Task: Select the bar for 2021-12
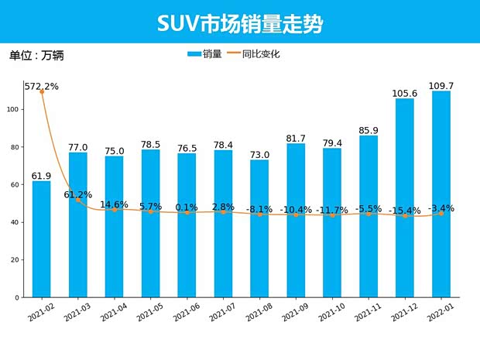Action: pos(405,197)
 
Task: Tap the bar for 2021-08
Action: pos(259,228)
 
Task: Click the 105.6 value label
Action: pos(405,93)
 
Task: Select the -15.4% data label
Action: pos(405,211)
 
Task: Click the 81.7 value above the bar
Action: pos(296,139)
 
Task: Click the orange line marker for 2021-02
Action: pos(41,92)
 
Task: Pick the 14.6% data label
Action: pos(115,205)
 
